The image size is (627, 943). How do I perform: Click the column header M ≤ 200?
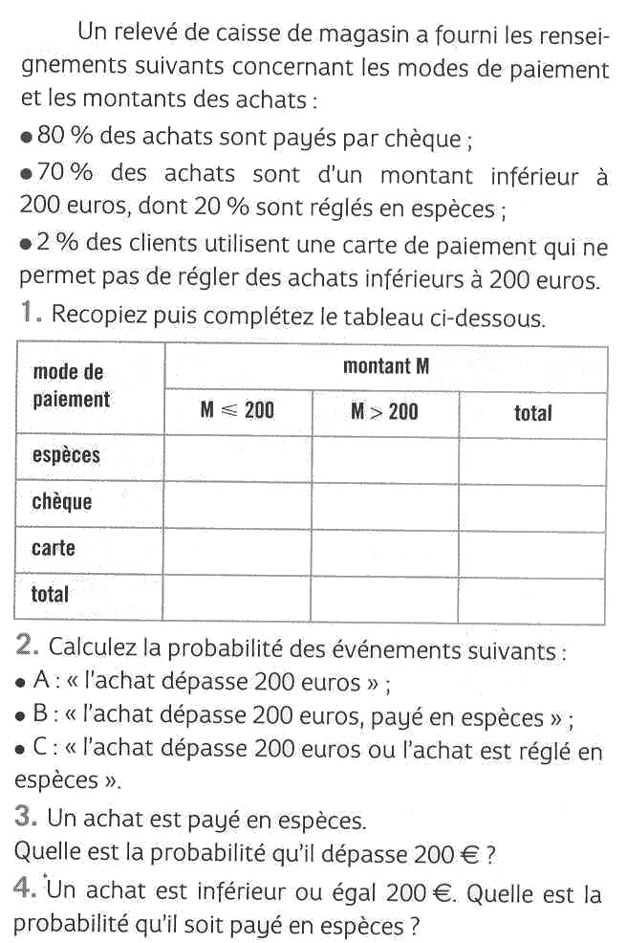[237, 411]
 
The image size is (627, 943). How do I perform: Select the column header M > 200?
[384, 411]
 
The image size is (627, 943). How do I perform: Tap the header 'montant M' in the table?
[386, 365]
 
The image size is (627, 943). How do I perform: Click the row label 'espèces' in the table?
[66, 455]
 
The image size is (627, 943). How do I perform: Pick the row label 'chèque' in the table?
[62, 501]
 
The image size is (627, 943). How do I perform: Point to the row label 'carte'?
[54, 548]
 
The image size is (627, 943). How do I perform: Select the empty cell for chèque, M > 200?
[384, 507]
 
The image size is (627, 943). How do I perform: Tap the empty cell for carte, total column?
[532, 554]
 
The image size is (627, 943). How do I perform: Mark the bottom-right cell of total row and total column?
[532, 600]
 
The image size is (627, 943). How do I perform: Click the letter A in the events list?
[39, 682]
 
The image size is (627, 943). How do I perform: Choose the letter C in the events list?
[39, 751]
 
